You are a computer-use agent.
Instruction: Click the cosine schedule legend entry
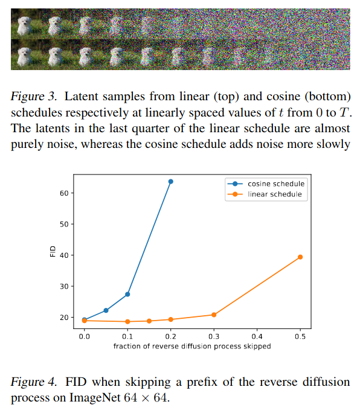click(x=275, y=184)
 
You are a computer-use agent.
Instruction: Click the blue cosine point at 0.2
click(x=170, y=181)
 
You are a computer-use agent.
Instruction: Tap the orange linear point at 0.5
click(x=300, y=257)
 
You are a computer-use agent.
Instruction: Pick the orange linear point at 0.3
click(x=214, y=315)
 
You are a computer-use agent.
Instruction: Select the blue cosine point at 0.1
click(x=127, y=294)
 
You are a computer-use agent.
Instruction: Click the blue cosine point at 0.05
click(x=106, y=310)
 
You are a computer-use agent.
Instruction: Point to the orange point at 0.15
click(x=149, y=321)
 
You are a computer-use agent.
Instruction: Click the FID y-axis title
click(x=51, y=252)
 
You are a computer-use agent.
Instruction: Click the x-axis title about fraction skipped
click(x=192, y=347)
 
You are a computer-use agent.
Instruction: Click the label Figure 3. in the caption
click(x=35, y=97)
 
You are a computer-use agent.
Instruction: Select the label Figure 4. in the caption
click(x=35, y=383)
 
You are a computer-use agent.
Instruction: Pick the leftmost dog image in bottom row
click(x=24, y=55)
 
